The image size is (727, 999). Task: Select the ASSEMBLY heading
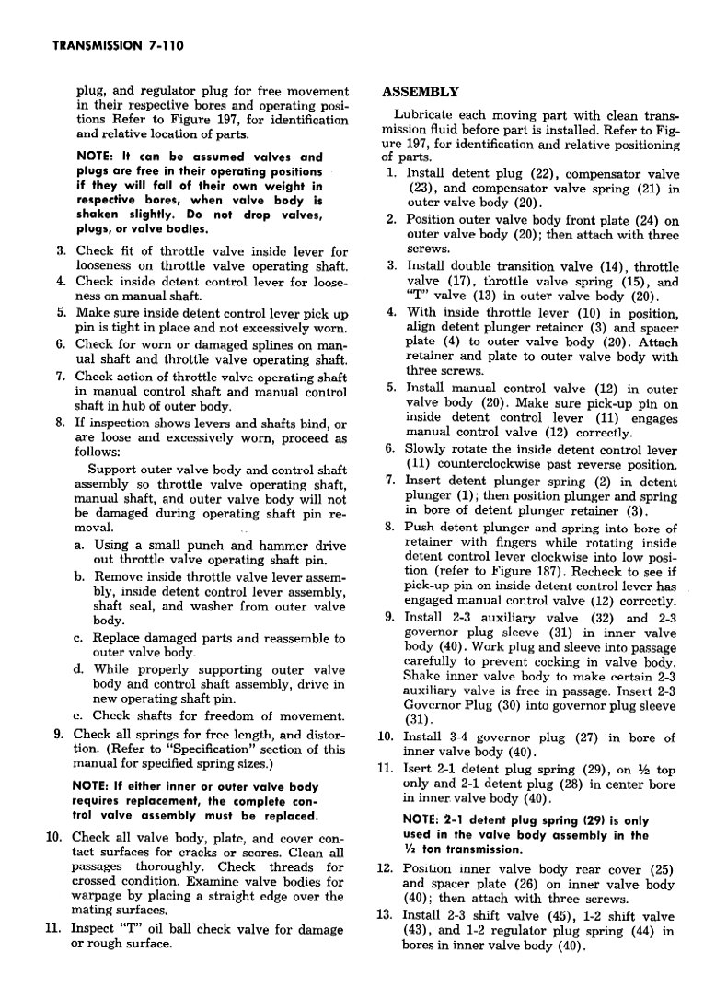[420, 92]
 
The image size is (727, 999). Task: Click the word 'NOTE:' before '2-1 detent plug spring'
[425, 819]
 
